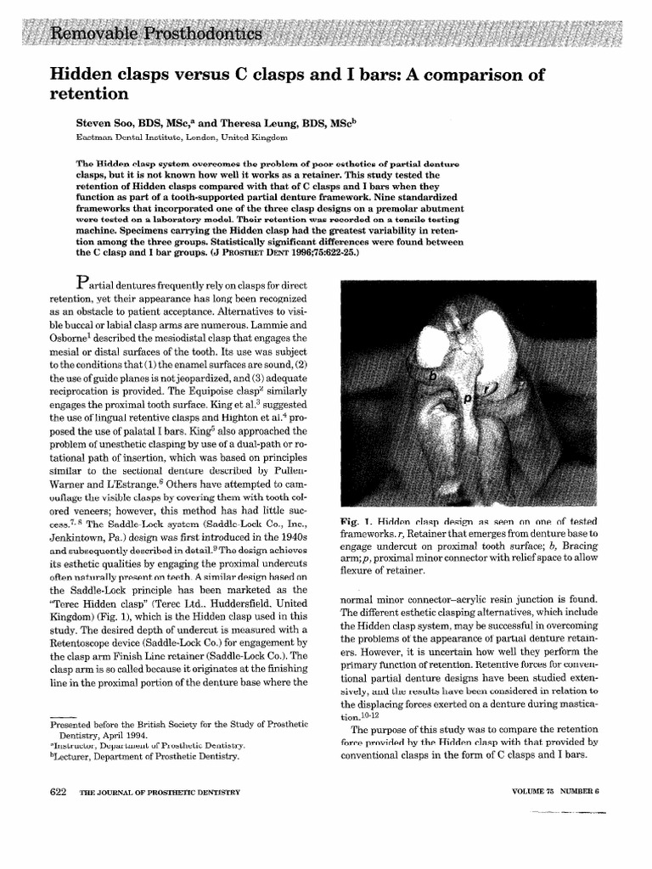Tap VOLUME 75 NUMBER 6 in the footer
click(x=556, y=791)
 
